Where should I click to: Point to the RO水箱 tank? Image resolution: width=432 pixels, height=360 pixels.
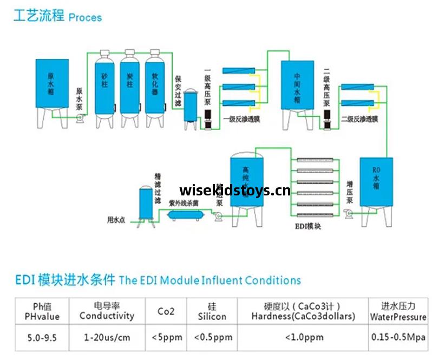(x=376, y=181)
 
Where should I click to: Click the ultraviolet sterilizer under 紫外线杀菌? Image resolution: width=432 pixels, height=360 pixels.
(x=186, y=214)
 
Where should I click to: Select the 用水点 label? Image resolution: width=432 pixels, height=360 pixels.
(x=116, y=220)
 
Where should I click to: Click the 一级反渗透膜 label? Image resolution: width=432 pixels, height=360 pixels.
(x=242, y=119)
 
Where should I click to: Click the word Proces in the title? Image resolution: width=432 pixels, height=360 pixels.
(x=85, y=17)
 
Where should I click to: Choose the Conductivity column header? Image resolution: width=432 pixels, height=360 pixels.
(x=107, y=311)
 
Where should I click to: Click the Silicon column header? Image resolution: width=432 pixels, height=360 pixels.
(x=212, y=311)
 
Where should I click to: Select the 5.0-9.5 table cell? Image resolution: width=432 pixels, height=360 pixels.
(x=42, y=338)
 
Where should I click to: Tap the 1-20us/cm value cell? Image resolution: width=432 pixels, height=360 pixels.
(x=107, y=338)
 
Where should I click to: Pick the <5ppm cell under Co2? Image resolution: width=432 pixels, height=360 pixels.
(x=166, y=338)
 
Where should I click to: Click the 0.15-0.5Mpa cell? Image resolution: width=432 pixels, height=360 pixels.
(x=398, y=337)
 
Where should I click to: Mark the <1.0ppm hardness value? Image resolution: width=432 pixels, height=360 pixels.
(x=304, y=337)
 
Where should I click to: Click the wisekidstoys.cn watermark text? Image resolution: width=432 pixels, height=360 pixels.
(x=234, y=191)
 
